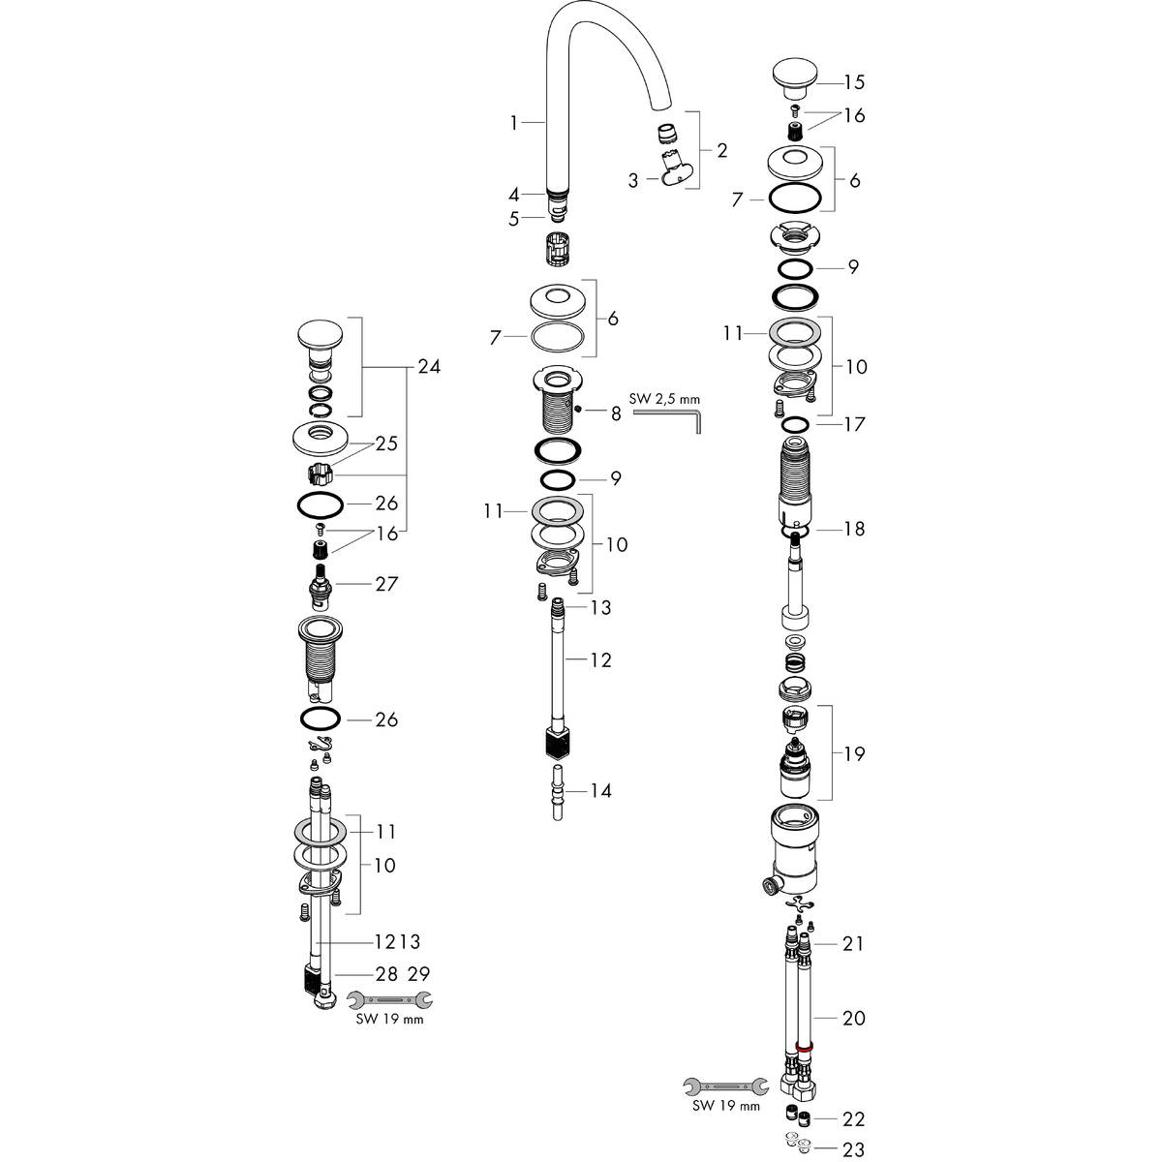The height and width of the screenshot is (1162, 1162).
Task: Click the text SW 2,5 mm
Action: point(663,398)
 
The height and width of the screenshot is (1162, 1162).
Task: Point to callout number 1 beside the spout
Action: point(514,122)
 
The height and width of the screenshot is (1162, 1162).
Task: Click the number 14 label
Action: point(600,791)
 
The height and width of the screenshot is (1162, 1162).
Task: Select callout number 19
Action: point(853,753)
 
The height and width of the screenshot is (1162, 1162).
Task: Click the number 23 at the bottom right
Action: point(853,1151)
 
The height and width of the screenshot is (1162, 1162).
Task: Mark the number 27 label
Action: point(360,584)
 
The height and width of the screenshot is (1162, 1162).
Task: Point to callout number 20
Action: point(853,1018)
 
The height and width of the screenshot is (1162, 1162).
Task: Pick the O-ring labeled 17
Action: point(796,424)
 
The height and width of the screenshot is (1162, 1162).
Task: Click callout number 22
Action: point(853,1119)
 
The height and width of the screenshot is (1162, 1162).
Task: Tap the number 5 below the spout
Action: point(514,219)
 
